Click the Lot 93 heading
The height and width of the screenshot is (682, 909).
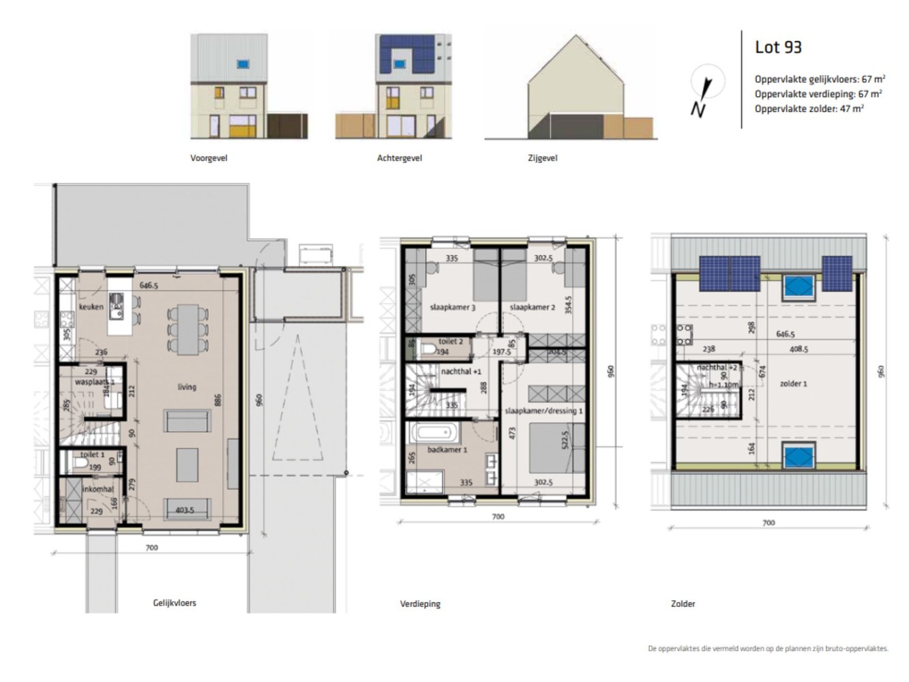point(778,47)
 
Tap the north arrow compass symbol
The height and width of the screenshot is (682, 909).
point(702,93)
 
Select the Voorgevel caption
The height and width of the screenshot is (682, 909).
point(209,158)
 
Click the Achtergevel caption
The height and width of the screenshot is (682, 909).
point(400,158)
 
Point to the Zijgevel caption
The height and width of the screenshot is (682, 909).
point(542,158)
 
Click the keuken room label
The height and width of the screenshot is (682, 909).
point(91,307)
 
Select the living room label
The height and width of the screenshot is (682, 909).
point(187,387)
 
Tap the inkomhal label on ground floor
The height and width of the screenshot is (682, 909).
point(98,489)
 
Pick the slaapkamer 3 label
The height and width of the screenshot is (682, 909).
point(452,308)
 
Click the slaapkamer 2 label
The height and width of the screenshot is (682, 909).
point(532,308)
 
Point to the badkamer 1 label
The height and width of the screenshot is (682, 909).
point(447,450)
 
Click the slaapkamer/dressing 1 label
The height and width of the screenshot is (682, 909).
point(543,411)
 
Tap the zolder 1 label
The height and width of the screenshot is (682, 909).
point(793,384)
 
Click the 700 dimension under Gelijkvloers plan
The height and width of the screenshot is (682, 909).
point(151,548)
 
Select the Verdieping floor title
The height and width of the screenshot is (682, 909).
point(420,604)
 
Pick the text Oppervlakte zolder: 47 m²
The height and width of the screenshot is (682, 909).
point(809,109)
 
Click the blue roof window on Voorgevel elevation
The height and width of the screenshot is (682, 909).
point(243,64)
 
